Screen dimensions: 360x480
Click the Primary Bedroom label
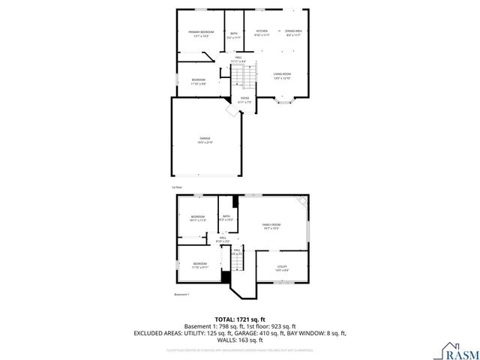click(201, 33)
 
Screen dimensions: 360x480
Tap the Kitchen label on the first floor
click(262, 32)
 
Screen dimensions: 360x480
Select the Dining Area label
click(293, 32)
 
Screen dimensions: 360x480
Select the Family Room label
click(271, 226)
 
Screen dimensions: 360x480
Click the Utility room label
click(282, 267)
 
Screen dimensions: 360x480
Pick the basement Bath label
click(226, 217)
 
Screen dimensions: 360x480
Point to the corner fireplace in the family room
click(301, 201)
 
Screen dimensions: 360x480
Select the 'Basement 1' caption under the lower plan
click(182, 295)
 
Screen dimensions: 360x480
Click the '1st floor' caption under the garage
click(176, 187)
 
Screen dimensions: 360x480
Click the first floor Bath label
click(234, 34)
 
